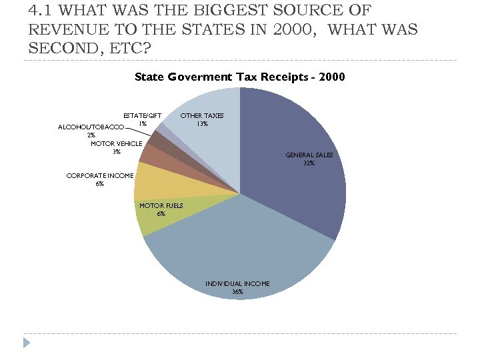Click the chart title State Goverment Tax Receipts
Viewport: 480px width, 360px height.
click(239, 77)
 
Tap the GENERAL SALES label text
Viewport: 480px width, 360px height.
click(309, 155)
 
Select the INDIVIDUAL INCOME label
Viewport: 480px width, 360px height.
click(237, 283)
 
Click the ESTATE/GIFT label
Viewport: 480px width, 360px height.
click(143, 115)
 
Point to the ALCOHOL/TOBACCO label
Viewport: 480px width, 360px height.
click(91, 127)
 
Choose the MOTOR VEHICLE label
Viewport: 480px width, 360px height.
click(116, 143)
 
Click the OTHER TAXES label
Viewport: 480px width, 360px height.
click(203, 115)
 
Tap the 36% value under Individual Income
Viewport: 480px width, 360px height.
click(237, 292)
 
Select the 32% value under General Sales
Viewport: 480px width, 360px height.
click(309, 163)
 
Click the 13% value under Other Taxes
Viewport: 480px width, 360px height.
click(203, 124)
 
